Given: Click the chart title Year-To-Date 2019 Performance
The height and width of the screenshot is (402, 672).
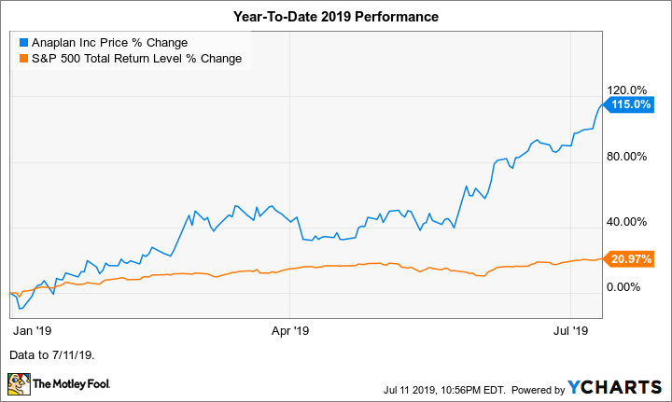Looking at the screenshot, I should [335, 18].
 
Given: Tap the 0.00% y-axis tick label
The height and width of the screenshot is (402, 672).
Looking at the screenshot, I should [626, 286].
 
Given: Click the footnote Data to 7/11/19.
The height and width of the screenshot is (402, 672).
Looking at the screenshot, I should [52, 355].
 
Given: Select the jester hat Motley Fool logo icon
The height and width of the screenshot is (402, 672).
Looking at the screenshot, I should [18, 383].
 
